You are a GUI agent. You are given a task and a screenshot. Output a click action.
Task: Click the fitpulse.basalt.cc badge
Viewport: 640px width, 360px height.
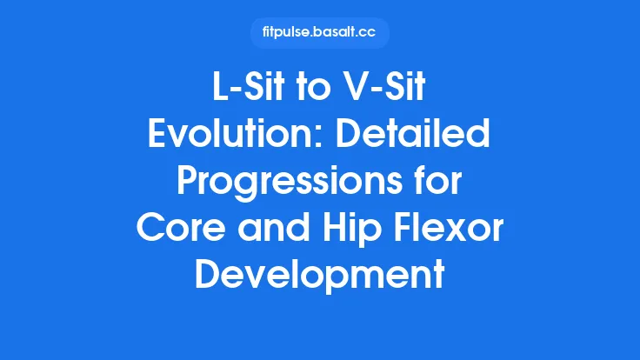320,33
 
